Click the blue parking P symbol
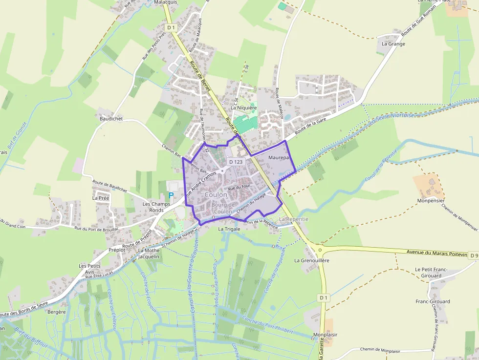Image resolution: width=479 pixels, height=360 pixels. [171, 195]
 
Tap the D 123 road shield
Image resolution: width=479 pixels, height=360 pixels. [236, 162]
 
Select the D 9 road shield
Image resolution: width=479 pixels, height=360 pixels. [473, 255]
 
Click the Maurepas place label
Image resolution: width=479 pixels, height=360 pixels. [280, 158]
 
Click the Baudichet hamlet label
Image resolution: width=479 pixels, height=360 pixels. [111, 119]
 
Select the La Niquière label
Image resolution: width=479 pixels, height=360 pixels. [247, 108]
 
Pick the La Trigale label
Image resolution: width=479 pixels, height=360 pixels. [228, 229]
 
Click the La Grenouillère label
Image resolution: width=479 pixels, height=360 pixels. [312, 260]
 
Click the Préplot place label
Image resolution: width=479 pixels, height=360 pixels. [117, 250]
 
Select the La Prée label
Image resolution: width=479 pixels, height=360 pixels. [101, 198]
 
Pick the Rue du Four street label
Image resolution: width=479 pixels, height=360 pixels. [239, 187]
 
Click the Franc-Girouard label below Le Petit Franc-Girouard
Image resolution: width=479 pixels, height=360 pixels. [433, 301]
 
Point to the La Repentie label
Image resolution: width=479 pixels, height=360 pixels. [294, 219]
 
